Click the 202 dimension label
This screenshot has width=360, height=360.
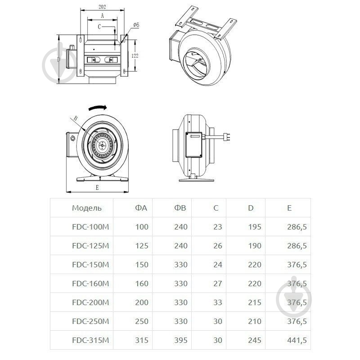click(x=102, y=7)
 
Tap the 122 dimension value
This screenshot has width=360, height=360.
click(x=135, y=55)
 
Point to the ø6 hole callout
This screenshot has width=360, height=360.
click(x=136, y=25)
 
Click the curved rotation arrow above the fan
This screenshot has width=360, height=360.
click(x=98, y=108)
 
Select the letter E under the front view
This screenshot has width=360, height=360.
click(x=97, y=188)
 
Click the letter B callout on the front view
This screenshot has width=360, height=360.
click(x=75, y=118)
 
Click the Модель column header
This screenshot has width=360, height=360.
click(x=87, y=208)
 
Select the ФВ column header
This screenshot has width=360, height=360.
click(x=180, y=208)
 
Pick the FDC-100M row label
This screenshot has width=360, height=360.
click(x=90, y=227)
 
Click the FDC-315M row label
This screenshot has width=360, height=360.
click(x=90, y=340)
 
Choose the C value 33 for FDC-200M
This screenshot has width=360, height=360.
click(x=218, y=302)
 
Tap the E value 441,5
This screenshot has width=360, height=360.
click(x=297, y=340)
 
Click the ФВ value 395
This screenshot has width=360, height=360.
click(x=181, y=340)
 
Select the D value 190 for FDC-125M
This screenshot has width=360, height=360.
click(x=255, y=246)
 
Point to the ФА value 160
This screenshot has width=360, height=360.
click(x=142, y=283)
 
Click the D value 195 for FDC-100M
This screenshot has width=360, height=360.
click(x=255, y=227)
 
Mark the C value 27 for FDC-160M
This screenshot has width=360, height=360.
click(x=218, y=283)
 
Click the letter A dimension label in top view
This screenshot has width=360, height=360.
click(x=103, y=16)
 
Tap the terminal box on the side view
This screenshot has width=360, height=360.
click(x=194, y=144)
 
